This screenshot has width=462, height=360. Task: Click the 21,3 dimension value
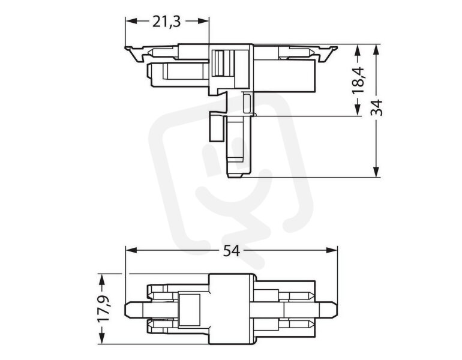click(x=166, y=22)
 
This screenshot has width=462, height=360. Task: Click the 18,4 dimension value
click(x=358, y=80)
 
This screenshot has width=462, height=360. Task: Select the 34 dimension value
click(x=376, y=108)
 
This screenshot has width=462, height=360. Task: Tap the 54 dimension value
click(x=231, y=251)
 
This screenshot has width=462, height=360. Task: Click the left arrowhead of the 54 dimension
click(x=131, y=250)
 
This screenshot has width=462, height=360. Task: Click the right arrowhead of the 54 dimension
click(x=332, y=250)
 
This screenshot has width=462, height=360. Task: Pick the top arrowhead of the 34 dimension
click(x=376, y=50)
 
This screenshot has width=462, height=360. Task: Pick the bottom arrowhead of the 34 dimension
click(x=376, y=172)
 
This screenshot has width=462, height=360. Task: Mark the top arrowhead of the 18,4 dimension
click(x=358, y=50)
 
